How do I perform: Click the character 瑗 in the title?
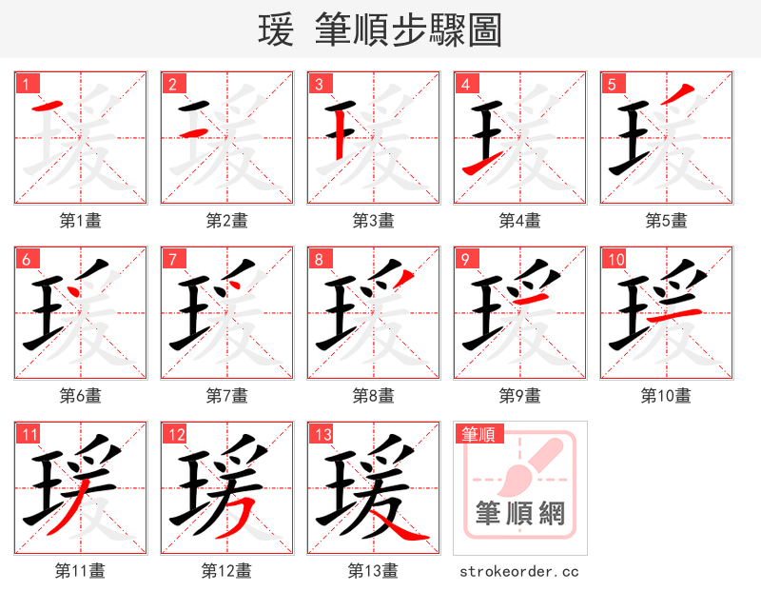coord(276,30)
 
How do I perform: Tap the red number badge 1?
coord(24,84)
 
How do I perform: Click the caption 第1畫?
coord(81,221)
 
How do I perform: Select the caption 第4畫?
coord(520,221)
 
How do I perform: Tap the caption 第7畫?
coord(227,396)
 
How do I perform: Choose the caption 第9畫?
coord(520,396)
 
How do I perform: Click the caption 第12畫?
coord(227,571)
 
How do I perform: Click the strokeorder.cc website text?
coord(519,572)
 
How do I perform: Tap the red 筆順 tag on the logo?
coord(477,435)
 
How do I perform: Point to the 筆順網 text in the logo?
coord(519,514)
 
